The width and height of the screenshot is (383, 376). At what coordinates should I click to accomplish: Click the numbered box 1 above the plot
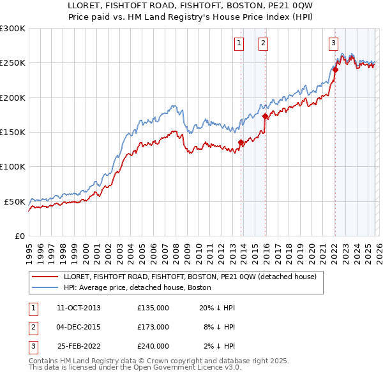coord(239,43)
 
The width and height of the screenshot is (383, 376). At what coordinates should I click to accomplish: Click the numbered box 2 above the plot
coord(263,43)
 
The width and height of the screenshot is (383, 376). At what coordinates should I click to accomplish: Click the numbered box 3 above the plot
coord(333,43)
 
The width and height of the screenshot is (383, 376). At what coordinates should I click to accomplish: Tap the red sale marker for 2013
coord(241,143)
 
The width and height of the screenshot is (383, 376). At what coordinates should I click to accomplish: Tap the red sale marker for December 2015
coord(265,117)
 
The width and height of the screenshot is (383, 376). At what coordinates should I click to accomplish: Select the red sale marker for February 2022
coord(335,70)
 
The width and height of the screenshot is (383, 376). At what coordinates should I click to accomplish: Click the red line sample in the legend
coord(46,277)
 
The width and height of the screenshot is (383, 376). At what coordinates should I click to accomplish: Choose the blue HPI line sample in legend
coord(46,287)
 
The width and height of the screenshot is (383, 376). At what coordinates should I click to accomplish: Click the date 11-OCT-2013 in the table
coord(79,308)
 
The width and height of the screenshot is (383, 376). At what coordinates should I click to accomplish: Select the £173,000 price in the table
coord(153,327)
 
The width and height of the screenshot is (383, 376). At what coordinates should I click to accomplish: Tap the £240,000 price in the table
coord(153,346)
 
